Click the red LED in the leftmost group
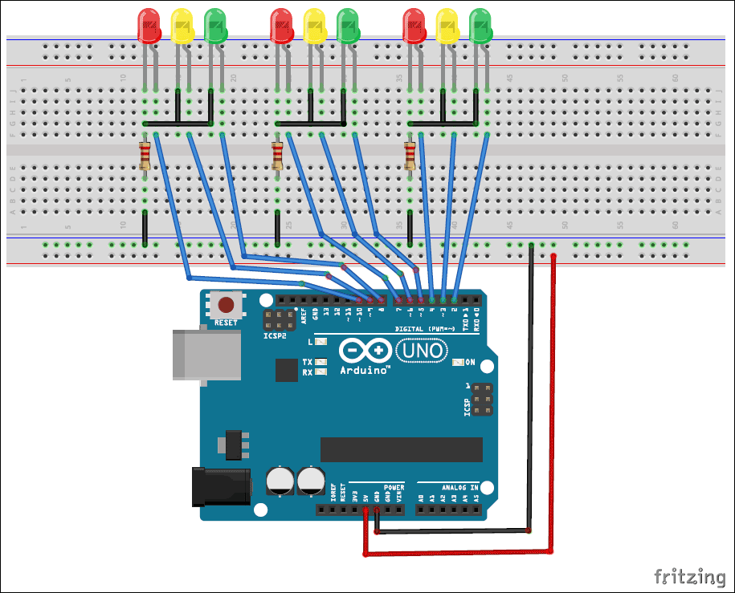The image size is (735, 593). pos(149,26)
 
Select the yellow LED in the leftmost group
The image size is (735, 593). pos(182,26)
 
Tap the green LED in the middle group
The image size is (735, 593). pos(348,26)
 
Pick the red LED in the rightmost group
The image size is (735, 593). pos(414,26)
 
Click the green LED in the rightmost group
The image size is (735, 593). pos(480,26)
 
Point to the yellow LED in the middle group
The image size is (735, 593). pos(315,26)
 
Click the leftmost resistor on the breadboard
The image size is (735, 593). pos(145,155)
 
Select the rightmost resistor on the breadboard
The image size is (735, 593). pos(410,155)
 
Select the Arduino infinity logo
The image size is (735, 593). pos(365,351)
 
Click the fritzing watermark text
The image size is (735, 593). pos(688,576)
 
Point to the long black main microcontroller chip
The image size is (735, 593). pos(401,450)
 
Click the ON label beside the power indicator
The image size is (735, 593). pos(471,363)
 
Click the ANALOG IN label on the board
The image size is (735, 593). pos(459,487)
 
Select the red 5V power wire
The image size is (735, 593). pos(553,401)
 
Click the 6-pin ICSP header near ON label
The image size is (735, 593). pos(482,399)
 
